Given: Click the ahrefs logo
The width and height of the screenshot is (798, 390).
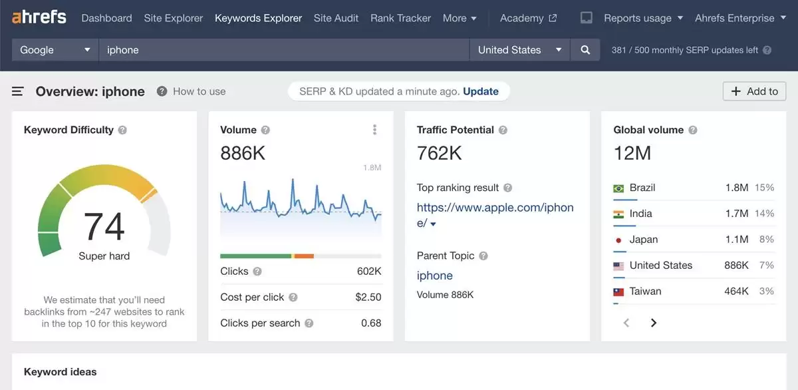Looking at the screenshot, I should (x=39, y=17).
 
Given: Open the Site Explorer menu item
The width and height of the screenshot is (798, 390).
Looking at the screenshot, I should (x=174, y=18).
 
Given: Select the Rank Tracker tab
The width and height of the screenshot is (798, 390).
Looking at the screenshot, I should (x=400, y=18).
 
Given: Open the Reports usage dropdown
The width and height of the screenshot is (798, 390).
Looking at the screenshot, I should (x=642, y=18).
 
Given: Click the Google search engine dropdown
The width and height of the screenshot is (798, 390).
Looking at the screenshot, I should (x=55, y=50).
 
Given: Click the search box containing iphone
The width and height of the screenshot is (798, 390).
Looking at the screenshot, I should (x=283, y=50).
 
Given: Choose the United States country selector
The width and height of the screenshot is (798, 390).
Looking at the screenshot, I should (x=519, y=50).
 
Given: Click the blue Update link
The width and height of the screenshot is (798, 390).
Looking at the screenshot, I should (x=481, y=91).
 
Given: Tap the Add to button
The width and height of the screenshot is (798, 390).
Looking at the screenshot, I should (x=754, y=91).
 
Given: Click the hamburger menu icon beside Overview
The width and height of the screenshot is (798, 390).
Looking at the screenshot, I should (x=18, y=91).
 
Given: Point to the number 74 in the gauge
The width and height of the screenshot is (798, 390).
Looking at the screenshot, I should (x=104, y=226).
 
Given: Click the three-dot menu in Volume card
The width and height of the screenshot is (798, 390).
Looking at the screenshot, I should (x=375, y=130).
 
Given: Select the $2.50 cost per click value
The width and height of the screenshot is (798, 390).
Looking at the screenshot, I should (x=368, y=297).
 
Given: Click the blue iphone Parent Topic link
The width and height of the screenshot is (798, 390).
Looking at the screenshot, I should (x=434, y=276).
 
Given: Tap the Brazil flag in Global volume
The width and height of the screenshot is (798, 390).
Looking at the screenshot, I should (x=618, y=188).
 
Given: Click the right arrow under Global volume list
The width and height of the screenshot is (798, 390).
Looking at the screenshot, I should (x=653, y=323).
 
